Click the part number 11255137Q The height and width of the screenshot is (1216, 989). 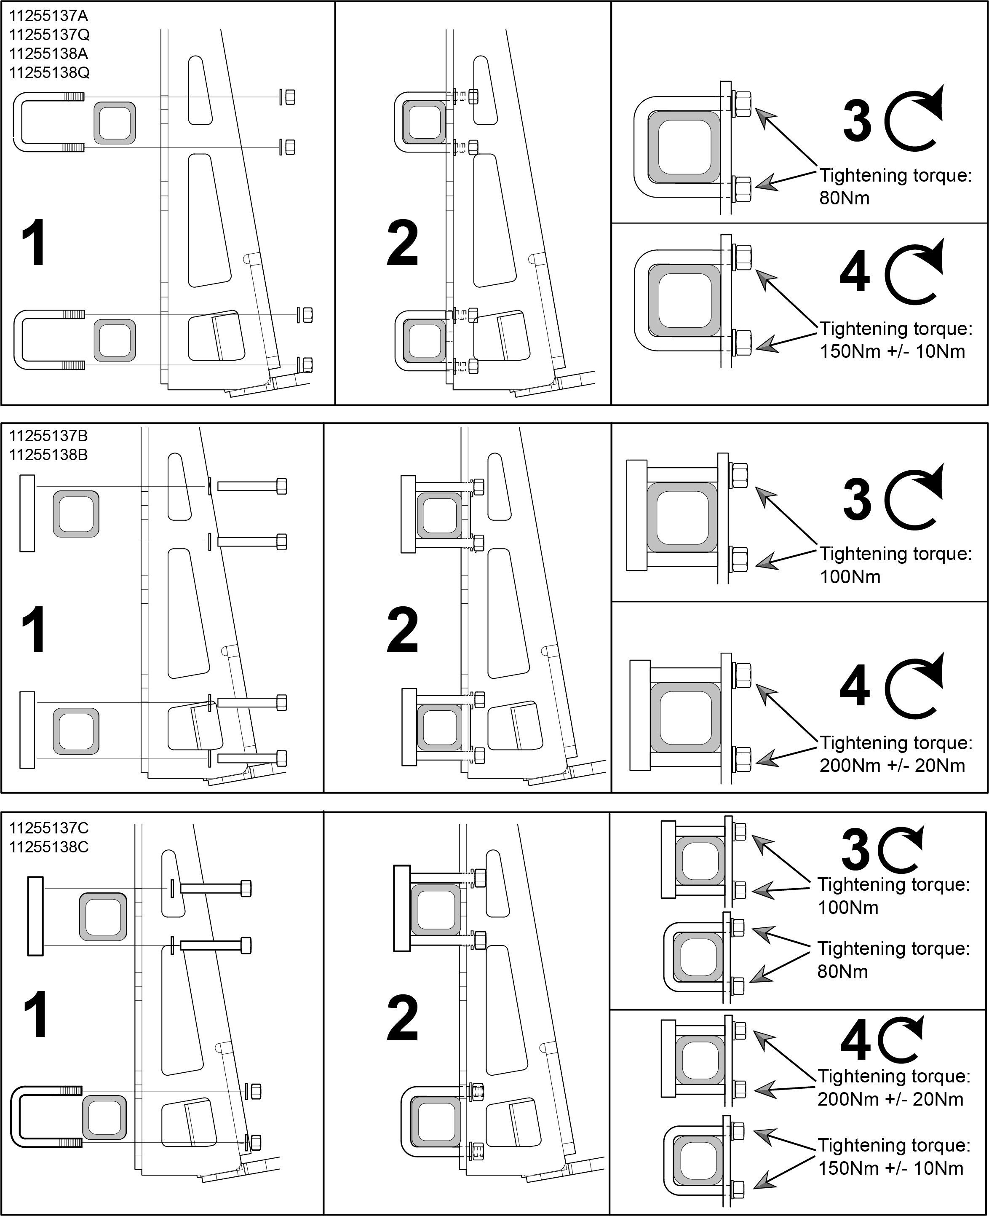tap(50, 35)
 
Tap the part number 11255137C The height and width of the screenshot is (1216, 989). tap(49, 828)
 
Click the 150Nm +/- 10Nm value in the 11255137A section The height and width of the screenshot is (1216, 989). tap(892, 351)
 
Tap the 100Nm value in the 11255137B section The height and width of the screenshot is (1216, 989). tap(850, 577)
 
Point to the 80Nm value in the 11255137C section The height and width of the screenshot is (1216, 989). tap(842, 972)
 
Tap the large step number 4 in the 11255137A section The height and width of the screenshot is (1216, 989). tap(855, 272)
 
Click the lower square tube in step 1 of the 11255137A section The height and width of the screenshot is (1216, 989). tap(115, 340)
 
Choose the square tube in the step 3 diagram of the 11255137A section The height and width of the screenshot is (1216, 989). tap(684, 147)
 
